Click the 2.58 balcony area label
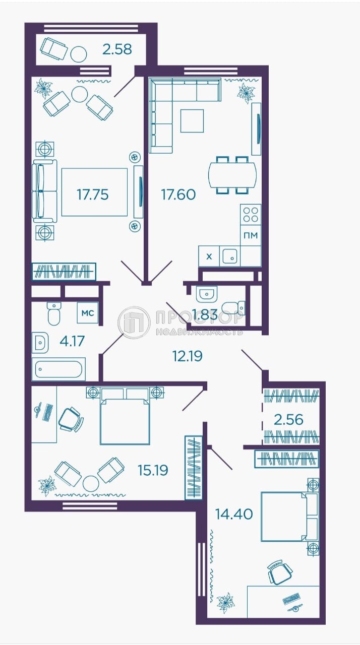coord(117,49)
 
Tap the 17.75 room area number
coord(93,195)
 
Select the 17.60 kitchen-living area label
coord(178,195)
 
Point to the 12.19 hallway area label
coord(188,356)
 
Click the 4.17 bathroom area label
coord(72,341)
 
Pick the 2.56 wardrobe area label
coord(288,420)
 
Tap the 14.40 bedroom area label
coord(234,514)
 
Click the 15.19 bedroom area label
coord(153,470)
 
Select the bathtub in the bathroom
coord(58,369)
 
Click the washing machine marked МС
coord(88,313)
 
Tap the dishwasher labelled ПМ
coord(251,235)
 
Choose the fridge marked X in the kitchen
coord(209,256)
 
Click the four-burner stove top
coord(251,215)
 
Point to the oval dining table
coord(232,175)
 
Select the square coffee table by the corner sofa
coord(192,121)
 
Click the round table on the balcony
coord(79,54)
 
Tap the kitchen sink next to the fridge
coord(230,256)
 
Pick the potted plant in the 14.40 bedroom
coord(226,602)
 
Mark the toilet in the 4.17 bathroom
coord(54,313)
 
